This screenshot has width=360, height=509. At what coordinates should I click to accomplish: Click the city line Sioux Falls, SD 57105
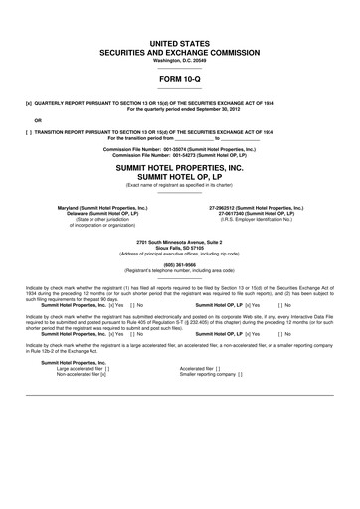(179, 248)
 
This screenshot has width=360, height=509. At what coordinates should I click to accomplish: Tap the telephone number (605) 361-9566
(179, 264)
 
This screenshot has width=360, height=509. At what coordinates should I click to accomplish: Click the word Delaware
(74, 214)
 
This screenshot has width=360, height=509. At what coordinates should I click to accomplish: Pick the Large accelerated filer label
(84, 368)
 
